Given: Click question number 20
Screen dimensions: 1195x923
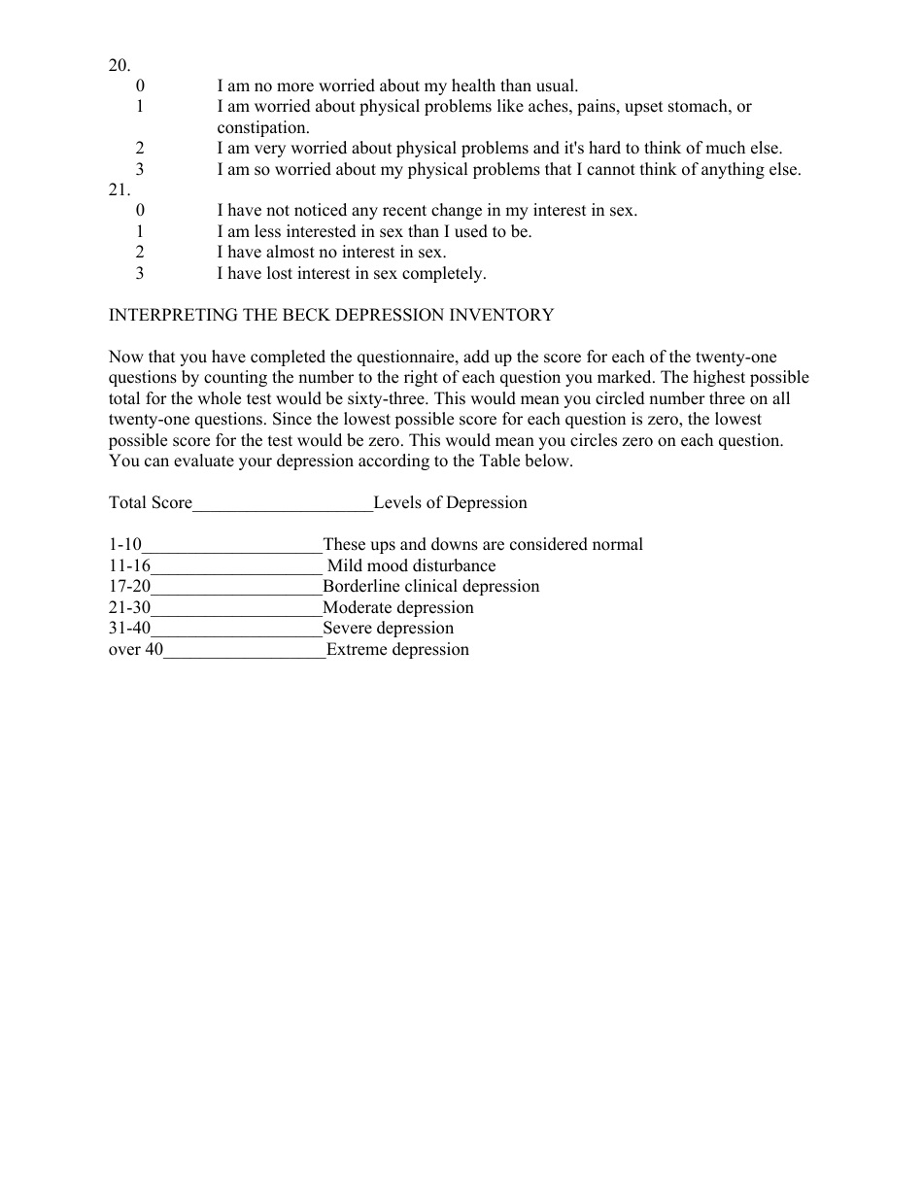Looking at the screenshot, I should tap(119, 65).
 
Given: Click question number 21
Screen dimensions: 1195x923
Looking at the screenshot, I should tap(119, 190).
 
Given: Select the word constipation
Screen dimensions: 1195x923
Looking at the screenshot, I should tap(263, 128).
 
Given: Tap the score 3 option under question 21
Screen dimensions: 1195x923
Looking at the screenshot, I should tap(140, 274).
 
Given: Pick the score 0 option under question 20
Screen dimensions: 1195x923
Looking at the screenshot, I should tap(140, 86).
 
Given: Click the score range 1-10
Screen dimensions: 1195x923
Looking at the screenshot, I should tap(124, 545).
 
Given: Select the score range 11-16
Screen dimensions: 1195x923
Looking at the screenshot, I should tap(129, 566).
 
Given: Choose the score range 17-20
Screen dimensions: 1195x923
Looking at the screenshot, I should tap(129, 587).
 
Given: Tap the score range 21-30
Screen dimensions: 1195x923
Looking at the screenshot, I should tap(129, 608).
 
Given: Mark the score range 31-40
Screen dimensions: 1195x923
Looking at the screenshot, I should tap(129, 629).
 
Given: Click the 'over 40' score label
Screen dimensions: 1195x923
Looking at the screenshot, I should tap(135, 650).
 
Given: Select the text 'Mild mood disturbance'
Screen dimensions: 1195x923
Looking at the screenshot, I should tap(411, 566).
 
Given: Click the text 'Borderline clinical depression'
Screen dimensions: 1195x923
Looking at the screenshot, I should tap(430, 587).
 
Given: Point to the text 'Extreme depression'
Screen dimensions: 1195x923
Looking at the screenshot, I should tap(397, 650).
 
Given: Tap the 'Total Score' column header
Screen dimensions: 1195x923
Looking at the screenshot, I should tap(151, 503).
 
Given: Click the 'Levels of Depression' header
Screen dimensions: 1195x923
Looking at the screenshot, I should tap(450, 503).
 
